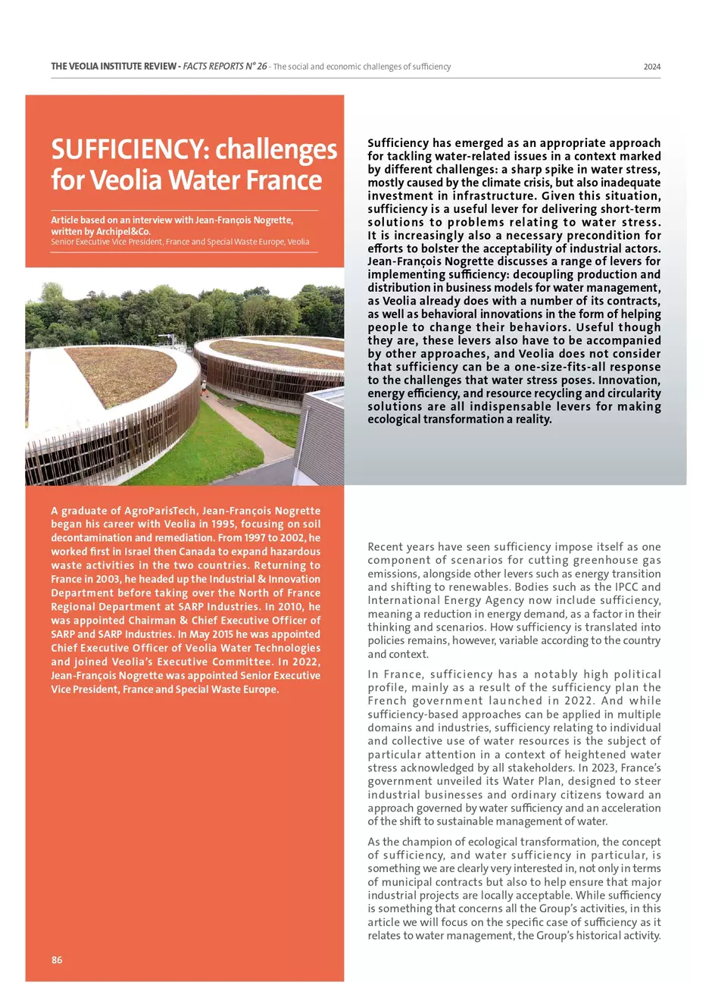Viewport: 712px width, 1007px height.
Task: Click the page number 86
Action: click(x=57, y=960)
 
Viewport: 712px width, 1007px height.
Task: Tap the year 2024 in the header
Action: click(x=652, y=67)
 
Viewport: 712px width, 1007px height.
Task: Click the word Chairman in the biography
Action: click(x=152, y=620)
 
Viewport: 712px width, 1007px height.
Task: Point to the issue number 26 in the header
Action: click(x=261, y=67)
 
